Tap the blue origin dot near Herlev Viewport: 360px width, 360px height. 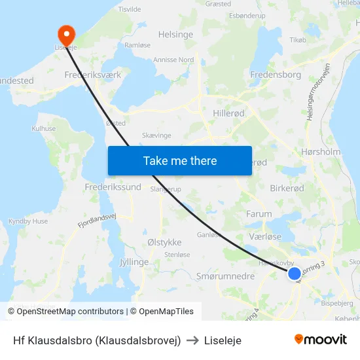[295, 274]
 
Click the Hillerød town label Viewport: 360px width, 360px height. [228, 113]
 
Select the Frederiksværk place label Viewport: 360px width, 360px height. [93, 75]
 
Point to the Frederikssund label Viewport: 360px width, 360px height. [113, 187]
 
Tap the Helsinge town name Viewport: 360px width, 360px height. [175, 34]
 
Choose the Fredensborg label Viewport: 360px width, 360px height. [276, 75]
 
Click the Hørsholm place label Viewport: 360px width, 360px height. [321, 152]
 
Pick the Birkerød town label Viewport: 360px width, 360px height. [287, 188]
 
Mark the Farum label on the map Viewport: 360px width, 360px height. [259, 214]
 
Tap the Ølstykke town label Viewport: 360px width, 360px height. [164, 242]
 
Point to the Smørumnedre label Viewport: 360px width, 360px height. [225, 277]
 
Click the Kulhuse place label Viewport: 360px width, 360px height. [44, 129]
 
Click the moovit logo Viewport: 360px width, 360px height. [321, 340]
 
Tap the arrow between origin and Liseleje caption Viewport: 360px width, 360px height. [192, 340]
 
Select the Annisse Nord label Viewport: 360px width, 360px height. [173, 60]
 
